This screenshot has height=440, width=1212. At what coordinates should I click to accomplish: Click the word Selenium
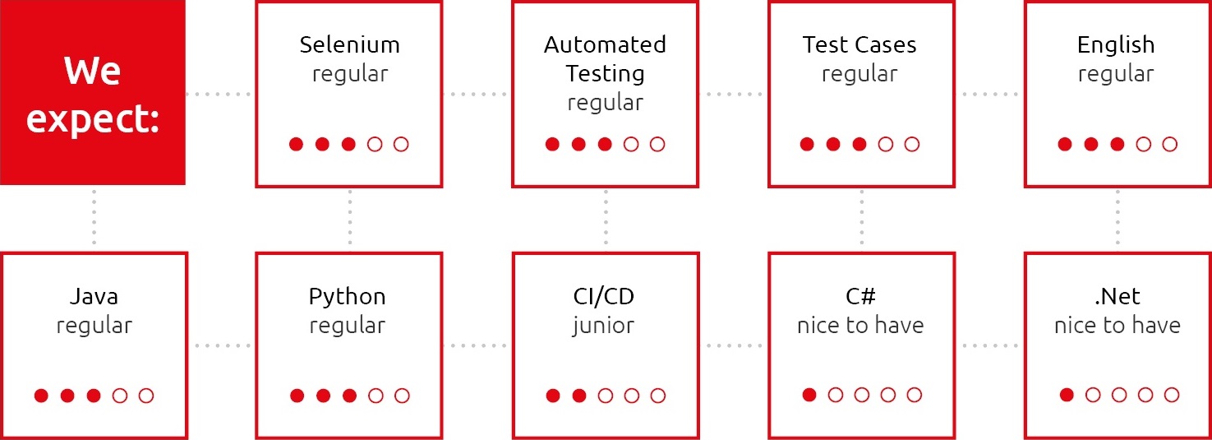pyautogui.click(x=349, y=44)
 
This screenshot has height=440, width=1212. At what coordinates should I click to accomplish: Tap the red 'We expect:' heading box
pyautogui.click(x=93, y=93)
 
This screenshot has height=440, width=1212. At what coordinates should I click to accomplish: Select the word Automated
pyautogui.click(x=605, y=44)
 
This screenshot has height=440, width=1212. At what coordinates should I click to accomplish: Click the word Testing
pyautogui.click(x=605, y=74)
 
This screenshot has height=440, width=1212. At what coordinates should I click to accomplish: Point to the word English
pyautogui.click(x=1116, y=45)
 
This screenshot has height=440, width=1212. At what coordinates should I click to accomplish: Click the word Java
pyautogui.click(x=94, y=297)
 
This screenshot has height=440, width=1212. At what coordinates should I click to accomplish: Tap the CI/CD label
pyautogui.click(x=603, y=296)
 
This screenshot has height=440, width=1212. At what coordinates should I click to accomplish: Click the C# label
pyautogui.click(x=860, y=296)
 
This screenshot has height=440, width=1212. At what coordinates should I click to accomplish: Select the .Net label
pyautogui.click(x=1117, y=296)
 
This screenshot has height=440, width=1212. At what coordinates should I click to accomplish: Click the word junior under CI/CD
pyautogui.click(x=603, y=327)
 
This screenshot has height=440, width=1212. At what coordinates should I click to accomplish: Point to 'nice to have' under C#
pyautogui.click(x=860, y=325)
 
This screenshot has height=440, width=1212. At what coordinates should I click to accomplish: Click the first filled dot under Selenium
pyautogui.click(x=296, y=144)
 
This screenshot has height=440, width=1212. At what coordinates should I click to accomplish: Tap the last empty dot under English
pyautogui.click(x=1170, y=144)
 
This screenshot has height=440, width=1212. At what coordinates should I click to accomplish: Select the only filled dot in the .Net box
pyautogui.click(x=1067, y=395)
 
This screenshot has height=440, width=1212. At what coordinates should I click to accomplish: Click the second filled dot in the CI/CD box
pyautogui.click(x=579, y=396)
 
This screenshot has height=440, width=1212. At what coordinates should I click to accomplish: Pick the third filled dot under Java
pyautogui.click(x=94, y=396)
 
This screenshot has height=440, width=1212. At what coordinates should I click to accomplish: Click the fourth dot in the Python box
pyautogui.click(x=376, y=396)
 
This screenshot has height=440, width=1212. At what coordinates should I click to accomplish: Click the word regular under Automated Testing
pyautogui.click(x=605, y=103)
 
